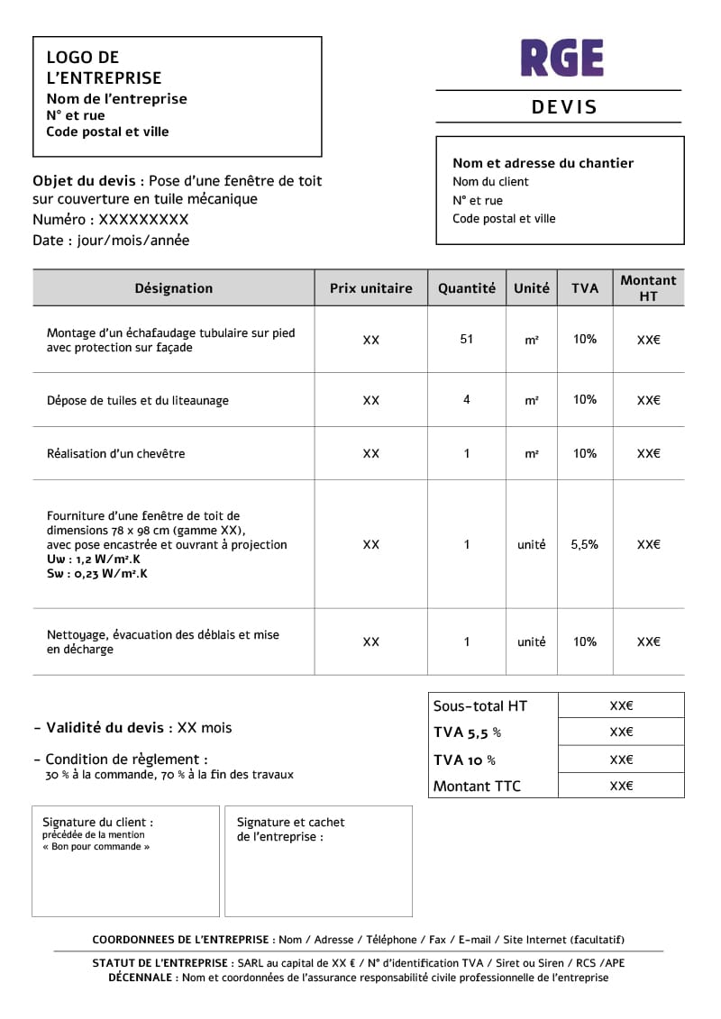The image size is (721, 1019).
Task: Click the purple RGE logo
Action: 561,58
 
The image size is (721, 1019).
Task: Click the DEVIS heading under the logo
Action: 564,107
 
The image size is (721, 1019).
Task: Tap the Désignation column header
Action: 174,288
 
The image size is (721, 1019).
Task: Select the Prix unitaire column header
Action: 370,288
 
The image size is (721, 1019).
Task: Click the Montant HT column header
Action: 648,288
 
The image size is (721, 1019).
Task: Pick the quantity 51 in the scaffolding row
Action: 466,340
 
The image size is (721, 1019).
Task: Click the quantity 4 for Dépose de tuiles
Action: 466,399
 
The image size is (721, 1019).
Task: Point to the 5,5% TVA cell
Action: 584,544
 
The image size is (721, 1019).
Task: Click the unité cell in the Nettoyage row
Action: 531,641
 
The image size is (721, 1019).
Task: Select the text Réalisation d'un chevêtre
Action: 115,453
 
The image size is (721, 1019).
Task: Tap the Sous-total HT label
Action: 479,706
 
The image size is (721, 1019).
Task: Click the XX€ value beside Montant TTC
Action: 621,786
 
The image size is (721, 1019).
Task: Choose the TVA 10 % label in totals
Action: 464,760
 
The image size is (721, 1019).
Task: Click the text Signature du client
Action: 97,822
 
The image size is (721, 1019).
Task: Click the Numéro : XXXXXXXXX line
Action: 110,220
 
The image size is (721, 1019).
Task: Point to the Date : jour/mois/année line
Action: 111,241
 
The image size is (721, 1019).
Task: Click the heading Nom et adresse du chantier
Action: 543,163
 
